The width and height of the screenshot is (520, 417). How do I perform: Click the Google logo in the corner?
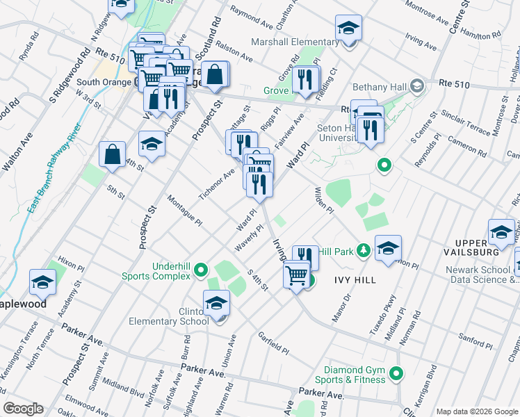24,408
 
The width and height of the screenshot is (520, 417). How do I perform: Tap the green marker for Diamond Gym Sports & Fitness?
396,375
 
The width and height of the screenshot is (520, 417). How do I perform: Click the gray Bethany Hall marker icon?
417,87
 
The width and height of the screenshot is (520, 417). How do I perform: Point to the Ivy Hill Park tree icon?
362,250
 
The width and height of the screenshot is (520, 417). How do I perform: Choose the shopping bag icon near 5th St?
112,154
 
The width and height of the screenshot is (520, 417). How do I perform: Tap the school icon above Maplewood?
42,282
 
